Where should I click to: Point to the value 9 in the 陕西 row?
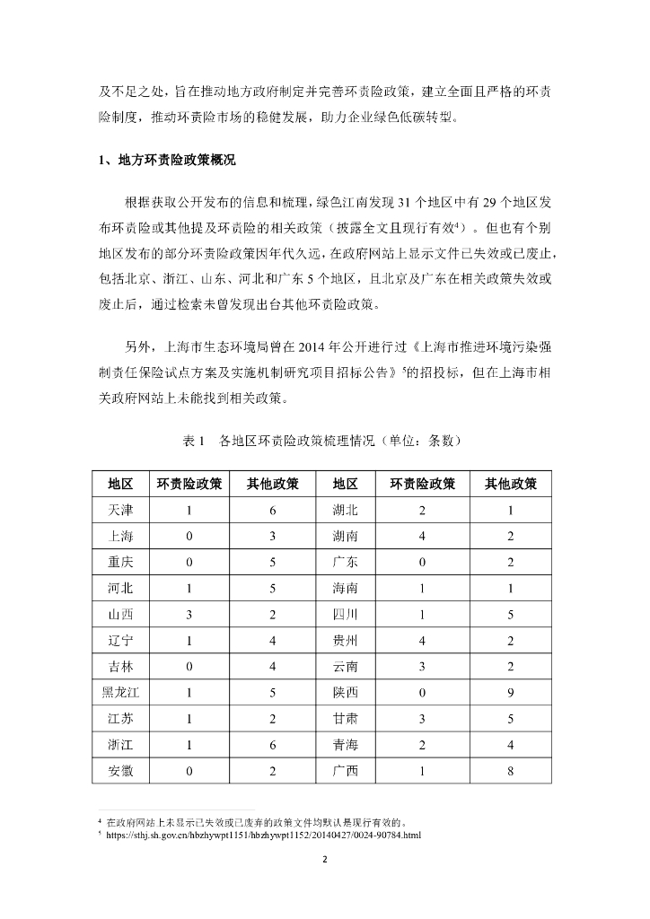(x=511, y=692)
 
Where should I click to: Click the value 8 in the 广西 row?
(x=511, y=770)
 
